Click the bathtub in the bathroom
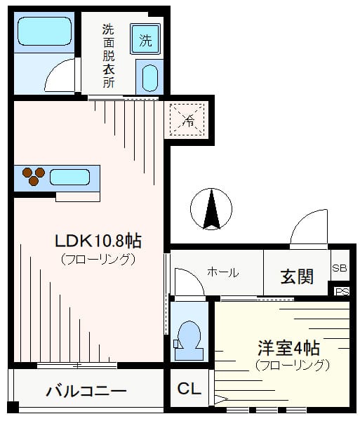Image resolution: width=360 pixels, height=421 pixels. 45,31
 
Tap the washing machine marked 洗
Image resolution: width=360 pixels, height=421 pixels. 145,39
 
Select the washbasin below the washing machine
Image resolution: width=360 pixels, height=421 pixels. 149,78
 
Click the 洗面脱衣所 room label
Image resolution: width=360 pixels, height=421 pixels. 108,56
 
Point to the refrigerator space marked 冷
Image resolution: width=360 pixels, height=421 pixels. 187,119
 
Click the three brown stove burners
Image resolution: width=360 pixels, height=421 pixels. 34,176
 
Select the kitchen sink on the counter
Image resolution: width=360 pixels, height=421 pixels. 69,178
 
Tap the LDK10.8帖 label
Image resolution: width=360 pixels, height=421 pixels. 98,241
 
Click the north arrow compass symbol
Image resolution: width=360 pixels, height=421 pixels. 211,209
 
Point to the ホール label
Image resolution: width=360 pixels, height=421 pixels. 223,272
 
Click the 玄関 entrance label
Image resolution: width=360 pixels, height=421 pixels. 297,276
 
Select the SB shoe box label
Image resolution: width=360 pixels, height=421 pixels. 340,268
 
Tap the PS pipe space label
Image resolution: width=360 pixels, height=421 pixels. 342,292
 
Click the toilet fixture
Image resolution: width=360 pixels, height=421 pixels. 189,340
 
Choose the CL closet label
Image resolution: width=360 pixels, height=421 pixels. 189,388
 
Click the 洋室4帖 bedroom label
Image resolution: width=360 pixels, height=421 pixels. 289,348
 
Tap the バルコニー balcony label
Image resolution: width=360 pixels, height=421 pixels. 86,391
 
